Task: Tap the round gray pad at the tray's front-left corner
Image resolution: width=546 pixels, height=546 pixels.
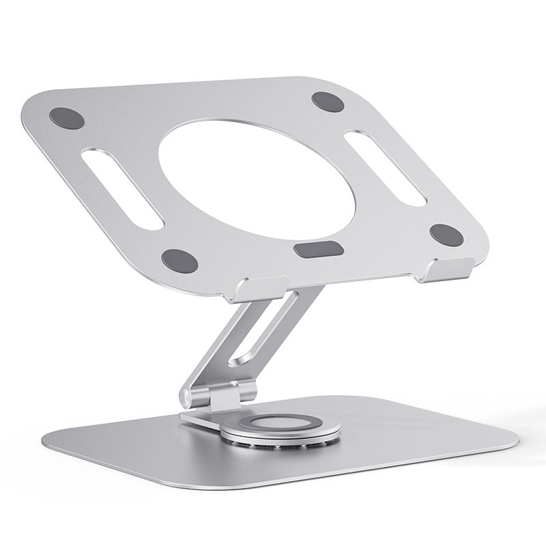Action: (x=179, y=259)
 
